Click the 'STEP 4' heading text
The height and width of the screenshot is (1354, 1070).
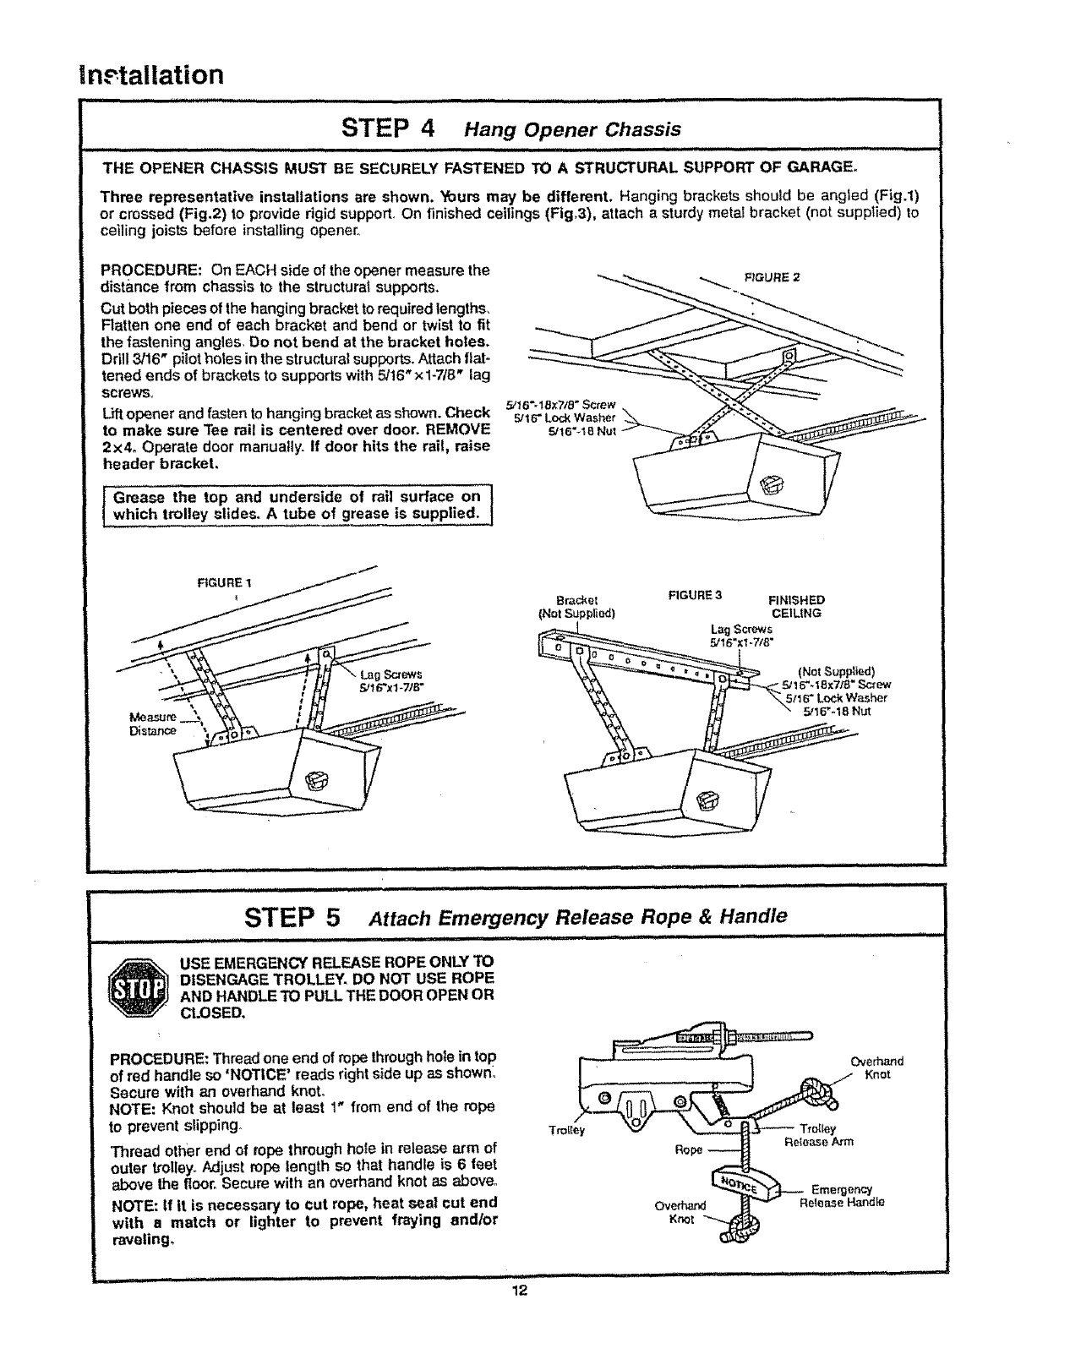(x=388, y=128)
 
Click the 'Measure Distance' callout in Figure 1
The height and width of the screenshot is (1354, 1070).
(x=153, y=723)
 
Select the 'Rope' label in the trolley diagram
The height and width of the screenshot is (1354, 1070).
(x=689, y=1149)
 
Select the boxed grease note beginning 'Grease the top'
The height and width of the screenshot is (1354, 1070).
(x=298, y=505)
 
